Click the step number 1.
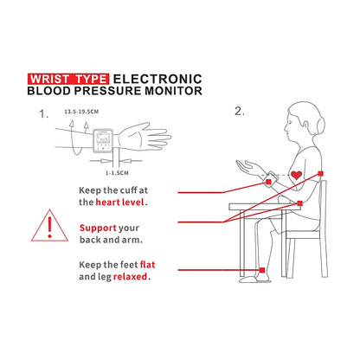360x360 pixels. [x=43, y=113]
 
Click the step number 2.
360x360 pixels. [x=241, y=112]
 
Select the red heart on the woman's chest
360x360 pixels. [x=297, y=176]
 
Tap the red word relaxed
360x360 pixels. [x=129, y=278]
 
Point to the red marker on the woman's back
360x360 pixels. [x=320, y=174]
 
